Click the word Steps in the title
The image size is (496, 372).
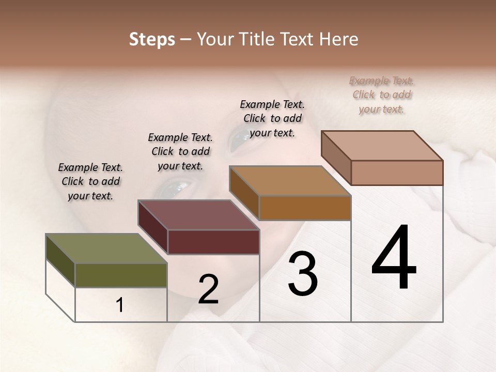[152, 39]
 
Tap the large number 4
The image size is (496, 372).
[394, 258]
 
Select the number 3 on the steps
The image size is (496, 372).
[303, 274]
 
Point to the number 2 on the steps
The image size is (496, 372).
[208, 289]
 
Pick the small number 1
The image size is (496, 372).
[120, 305]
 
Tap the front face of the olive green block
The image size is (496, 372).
[121, 275]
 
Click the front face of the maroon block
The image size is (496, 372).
[213, 242]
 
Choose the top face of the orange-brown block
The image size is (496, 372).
[290, 181]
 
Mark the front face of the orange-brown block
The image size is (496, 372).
[305, 208]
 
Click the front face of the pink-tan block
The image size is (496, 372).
[397, 173]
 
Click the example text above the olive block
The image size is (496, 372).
[90, 181]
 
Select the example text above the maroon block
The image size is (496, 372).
[180, 151]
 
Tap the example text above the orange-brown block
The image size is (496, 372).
[272, 118]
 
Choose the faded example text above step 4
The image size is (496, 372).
[382, 95]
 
